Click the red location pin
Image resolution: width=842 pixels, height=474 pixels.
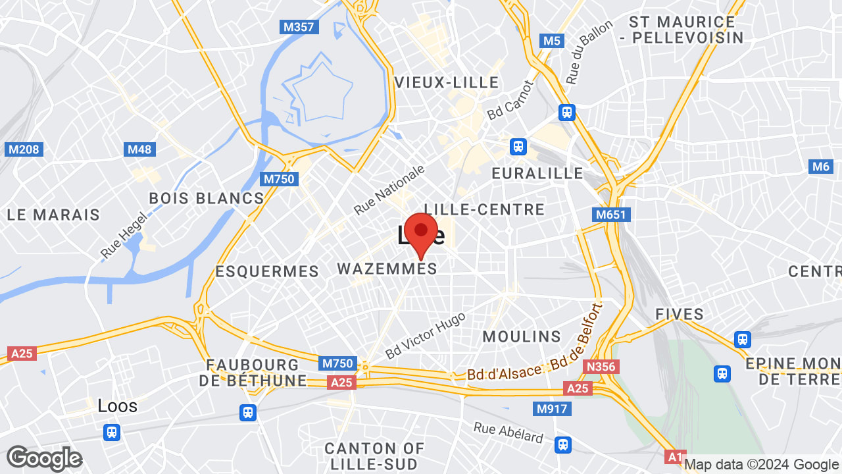click(421, 234)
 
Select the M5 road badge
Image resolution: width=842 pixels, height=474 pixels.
click(551, 41)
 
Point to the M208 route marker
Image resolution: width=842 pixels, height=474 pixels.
click(24, 149)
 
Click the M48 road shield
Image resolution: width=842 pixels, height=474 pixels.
click(139, 149)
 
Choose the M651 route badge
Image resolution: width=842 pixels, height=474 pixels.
click(612, 215)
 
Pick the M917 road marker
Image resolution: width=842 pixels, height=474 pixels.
click(552, 409)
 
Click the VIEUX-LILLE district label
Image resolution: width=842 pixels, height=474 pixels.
click(447, 82)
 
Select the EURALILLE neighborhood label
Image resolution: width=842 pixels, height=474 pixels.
click(537, 173)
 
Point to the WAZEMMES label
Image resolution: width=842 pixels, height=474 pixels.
click(387, 269)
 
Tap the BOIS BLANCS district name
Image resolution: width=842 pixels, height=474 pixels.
click(206, 198)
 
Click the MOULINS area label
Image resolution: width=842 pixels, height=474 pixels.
click(522, 336)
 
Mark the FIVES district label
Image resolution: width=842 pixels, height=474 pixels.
click(680, 315)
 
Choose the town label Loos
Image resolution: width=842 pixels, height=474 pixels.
click(118, 406)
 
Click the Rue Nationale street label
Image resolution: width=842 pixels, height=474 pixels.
click(389, 190)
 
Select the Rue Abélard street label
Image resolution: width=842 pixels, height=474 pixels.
click(508, 432)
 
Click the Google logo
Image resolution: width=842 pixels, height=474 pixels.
click(44, 458)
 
